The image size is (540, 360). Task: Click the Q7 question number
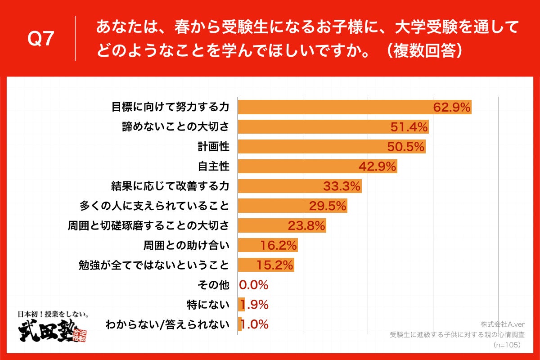click(x=41, y=40)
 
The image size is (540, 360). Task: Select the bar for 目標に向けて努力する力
click(x=354, y=107)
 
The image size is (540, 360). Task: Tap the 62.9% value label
click(x=451, y=108)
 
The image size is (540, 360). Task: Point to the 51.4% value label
click(x=408, y=127)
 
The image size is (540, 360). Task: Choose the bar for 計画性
click(x=331, y=147)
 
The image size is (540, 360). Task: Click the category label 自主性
click(x=214, y=166)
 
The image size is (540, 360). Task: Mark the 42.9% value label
click(x=377, y=166)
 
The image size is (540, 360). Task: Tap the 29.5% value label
click(x=327, y=206)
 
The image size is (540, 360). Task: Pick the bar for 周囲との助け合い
click(x=268, y=246)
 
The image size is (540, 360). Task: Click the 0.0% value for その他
click(x=254, y=285)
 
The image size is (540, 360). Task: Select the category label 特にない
click(x=207, y=305)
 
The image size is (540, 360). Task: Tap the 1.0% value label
click(x=255, y=324)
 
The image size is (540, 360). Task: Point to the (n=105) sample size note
click(x=507, y=345)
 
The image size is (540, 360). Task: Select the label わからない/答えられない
click(x=166, y=324)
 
